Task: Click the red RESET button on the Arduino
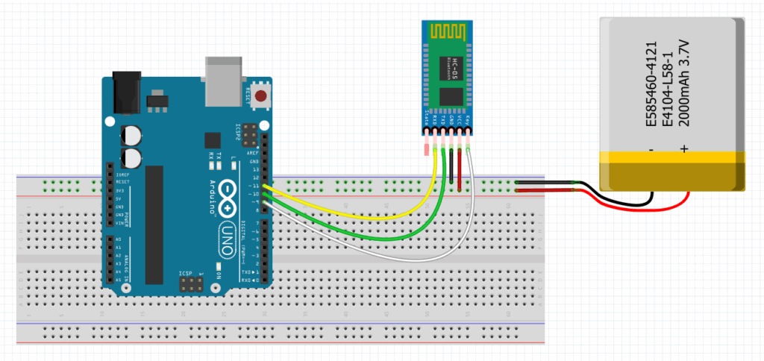pos(260,95)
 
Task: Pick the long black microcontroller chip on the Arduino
pos(154,225)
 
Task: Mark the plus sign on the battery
pos(684,150)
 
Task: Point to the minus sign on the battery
pos(651,150)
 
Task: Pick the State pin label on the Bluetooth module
pos(427,119)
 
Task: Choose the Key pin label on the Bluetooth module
pos(468,119)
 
